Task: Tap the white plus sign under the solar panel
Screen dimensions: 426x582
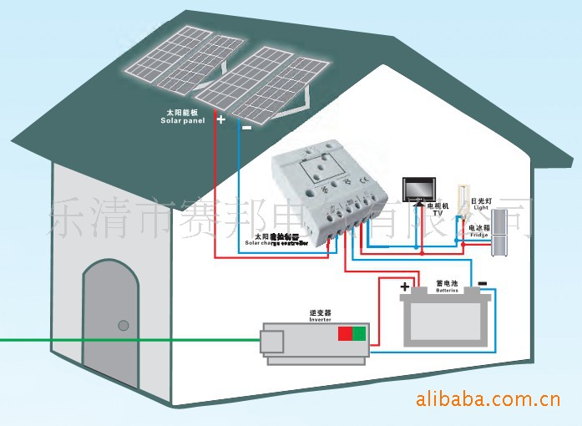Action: click(221, 119)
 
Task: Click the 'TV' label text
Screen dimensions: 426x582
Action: click(437, 212)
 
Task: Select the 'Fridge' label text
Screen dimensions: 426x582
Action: click(478, 236)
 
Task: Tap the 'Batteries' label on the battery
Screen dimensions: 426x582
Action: click(448, 291)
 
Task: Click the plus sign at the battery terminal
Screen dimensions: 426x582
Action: click(406, 287)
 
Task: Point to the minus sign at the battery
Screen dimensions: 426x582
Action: click(482, 282)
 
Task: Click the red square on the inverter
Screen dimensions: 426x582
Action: click(344, 334)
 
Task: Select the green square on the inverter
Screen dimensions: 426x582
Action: click(359, 334)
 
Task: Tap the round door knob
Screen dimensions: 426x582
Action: click(123, 324)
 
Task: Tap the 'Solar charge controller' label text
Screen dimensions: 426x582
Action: click(276, 242)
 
